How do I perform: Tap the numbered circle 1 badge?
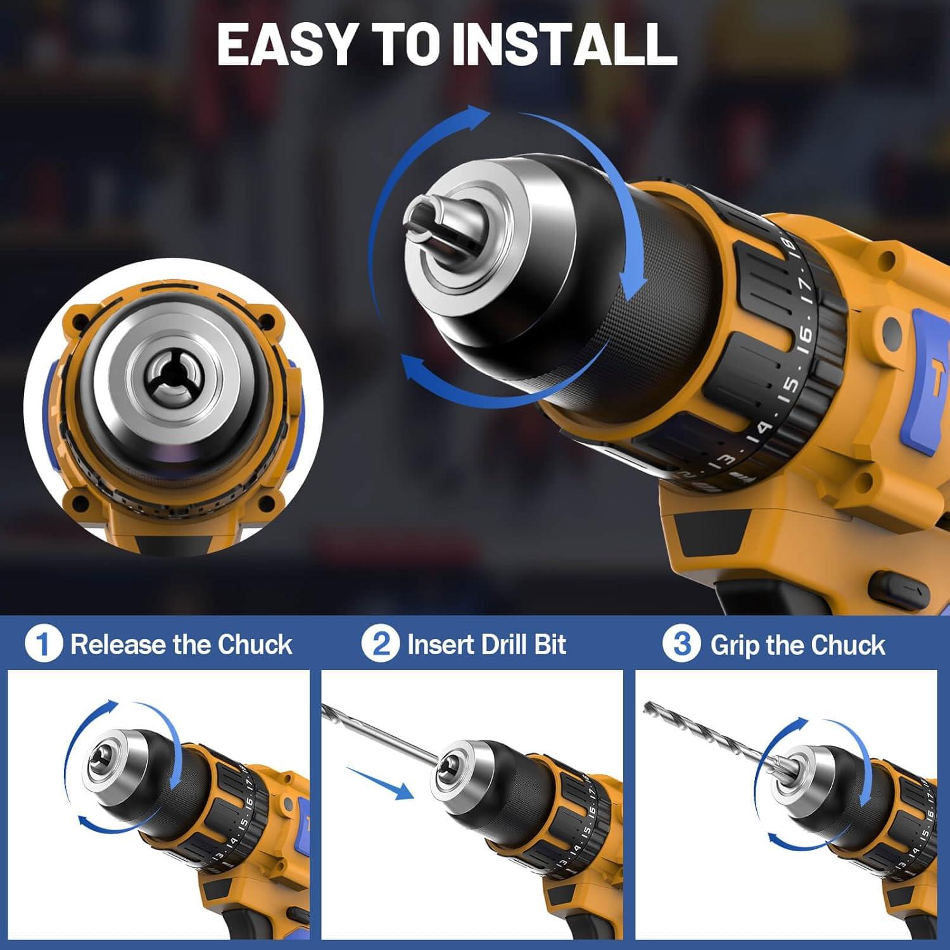coord(43,644)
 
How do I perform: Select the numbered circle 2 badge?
coord(381,644)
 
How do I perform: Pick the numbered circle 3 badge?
coord(681,644)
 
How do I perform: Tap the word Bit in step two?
coord(550,645)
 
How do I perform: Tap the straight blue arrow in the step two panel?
coord(380,781)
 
